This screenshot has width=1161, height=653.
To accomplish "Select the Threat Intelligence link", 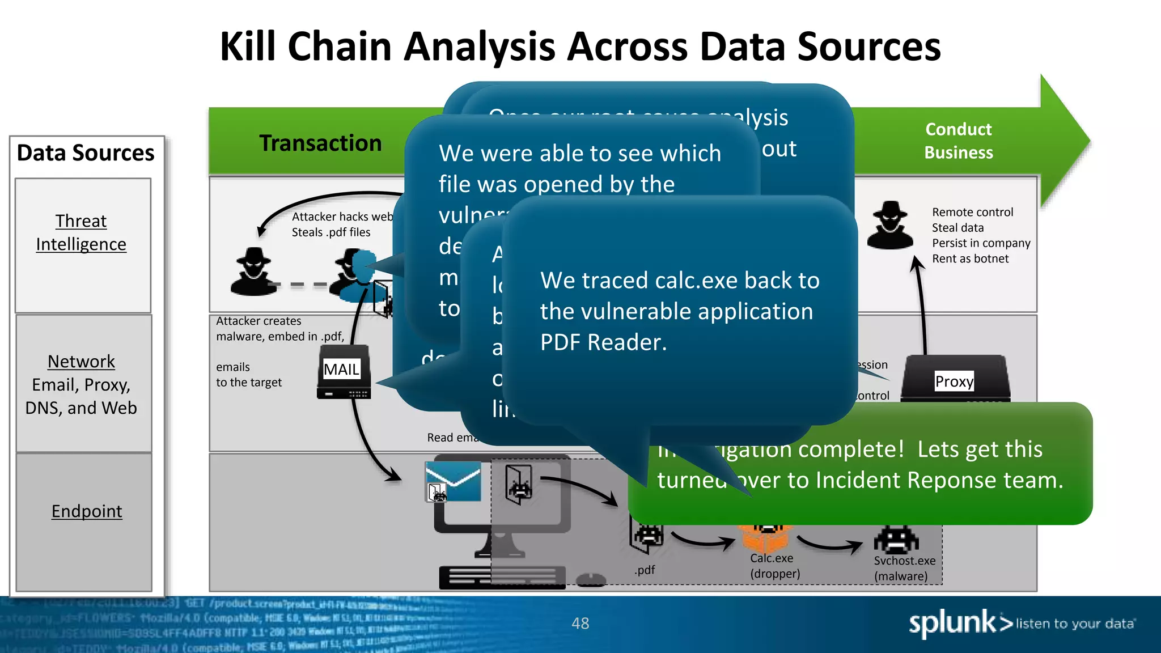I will tap(81, 232).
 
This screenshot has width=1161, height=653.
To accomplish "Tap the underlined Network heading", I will tap(81, 361).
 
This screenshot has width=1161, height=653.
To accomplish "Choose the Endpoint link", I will tap(87, 511).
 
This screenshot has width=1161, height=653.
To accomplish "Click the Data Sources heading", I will tap(86, 153).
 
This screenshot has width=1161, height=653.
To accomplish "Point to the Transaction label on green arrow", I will tap(320, 143).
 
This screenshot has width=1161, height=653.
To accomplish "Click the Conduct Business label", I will tap(958, 141).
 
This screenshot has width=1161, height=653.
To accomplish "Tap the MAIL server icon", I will tap(344, 372).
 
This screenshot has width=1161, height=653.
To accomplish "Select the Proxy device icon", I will tap(955, 380).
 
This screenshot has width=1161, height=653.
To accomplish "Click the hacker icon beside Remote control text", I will tap(890, 225).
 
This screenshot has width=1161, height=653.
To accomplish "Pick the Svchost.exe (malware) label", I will tap(904, 568).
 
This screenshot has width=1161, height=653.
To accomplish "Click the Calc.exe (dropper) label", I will tap(774, 566).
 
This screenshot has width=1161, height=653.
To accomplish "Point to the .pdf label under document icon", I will tap(645, 570).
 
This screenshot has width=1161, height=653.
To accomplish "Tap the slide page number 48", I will tap(580, 624).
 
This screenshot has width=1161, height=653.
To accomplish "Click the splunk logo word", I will tap(952, 623).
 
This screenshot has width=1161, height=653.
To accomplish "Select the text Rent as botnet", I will tap(970, 258).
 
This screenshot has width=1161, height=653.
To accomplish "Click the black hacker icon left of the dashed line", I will tap(253, 272).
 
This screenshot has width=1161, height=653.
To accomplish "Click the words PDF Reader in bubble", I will tap(603, 342).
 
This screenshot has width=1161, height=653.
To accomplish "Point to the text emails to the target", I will tap(248, 375).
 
